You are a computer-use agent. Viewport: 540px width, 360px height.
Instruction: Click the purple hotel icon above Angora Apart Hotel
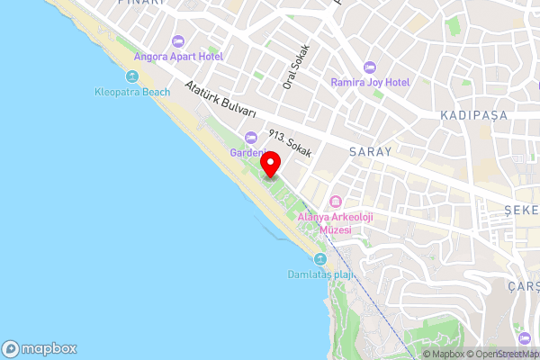pyautogui.click(x=177, y=40)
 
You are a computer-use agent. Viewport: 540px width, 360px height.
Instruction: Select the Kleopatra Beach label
pyautogui.click(x=132, y=91)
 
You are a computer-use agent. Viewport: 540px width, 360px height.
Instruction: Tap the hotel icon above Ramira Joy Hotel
pyautogui.click(x=369, y=67)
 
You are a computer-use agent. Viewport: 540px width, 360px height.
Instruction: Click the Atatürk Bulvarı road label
pyautogui.click(x=221, y=100)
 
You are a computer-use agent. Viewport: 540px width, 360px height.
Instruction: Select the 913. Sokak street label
pyautogui.click(x=289, y=144)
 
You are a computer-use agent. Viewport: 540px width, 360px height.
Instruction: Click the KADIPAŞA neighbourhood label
pyautogui.click(x=475, y=116)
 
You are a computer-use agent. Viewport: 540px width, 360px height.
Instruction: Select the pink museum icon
pyautogui.click(x=336, y=201)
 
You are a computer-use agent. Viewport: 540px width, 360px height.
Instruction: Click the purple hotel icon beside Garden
pyautogui.click(x=249, y=137)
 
